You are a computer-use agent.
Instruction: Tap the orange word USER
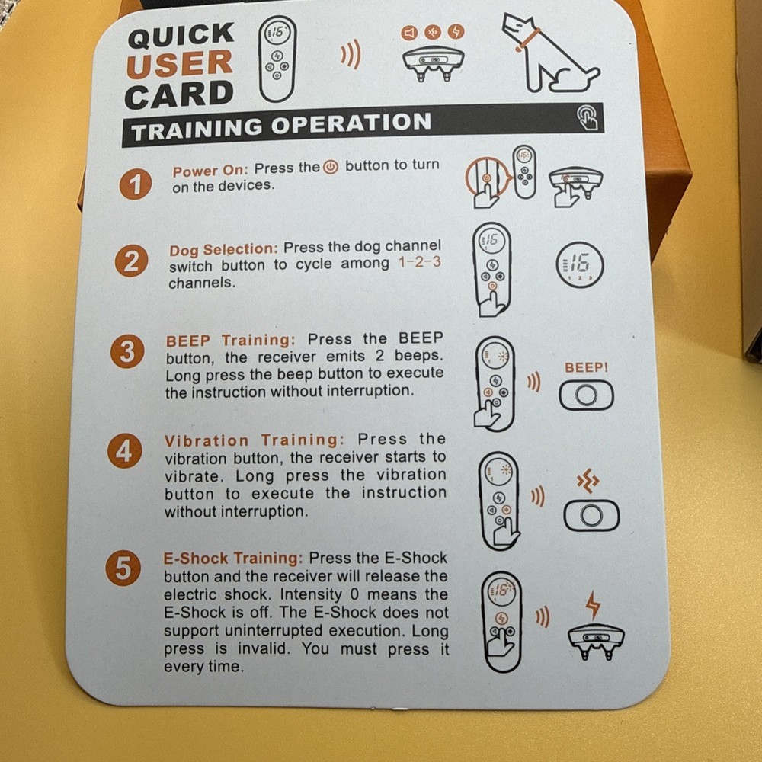[180, 65]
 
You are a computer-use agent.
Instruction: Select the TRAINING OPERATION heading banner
[282, 126]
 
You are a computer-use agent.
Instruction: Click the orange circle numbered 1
[135, 185]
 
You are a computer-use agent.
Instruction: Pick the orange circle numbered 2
[132, 263]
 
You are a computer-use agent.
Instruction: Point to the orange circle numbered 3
[126, 353]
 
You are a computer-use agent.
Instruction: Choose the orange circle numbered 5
[122, 570]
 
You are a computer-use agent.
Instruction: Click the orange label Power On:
[210, 170]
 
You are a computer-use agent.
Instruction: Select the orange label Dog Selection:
[224, 249]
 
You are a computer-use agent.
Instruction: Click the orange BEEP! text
[586, 368]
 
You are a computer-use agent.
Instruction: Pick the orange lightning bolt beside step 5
[592, 604]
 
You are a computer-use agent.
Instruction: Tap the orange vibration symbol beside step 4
[588, 482]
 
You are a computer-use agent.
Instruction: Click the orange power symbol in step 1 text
[331, 167]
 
